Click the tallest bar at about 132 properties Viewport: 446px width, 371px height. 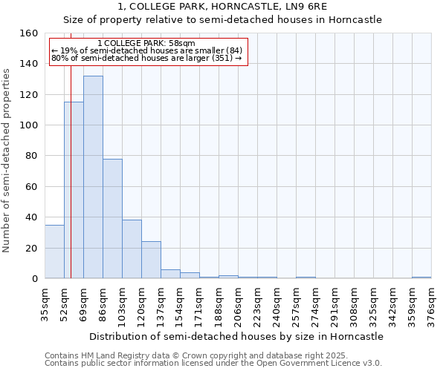tap(93, 177)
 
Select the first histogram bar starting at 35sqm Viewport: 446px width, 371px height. tap(54, 252)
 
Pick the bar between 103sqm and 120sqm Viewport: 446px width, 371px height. tap(132, 249)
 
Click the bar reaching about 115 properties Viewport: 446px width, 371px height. tap(74, 190)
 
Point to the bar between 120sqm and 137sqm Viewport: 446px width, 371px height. tap(151, 260)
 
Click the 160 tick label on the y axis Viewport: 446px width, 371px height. tap(29, 33)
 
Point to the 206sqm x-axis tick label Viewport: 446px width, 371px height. tap(238, 304)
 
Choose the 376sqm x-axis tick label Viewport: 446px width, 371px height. tap(431, 304)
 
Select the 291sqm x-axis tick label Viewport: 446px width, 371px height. tap(334, 304)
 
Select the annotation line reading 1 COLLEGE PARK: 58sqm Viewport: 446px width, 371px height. tap(146, 44)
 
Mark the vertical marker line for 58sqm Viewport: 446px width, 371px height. tap(71, 185)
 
